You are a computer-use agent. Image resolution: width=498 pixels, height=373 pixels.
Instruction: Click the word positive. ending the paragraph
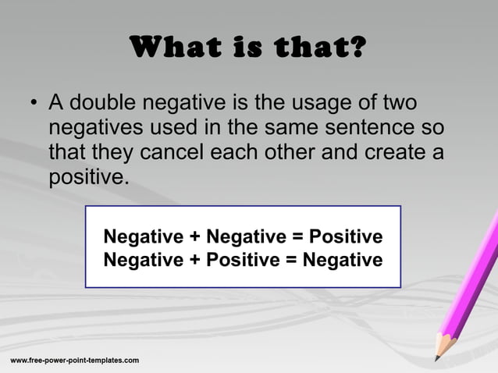86,177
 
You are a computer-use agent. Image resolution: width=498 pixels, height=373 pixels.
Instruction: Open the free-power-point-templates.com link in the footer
75,360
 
